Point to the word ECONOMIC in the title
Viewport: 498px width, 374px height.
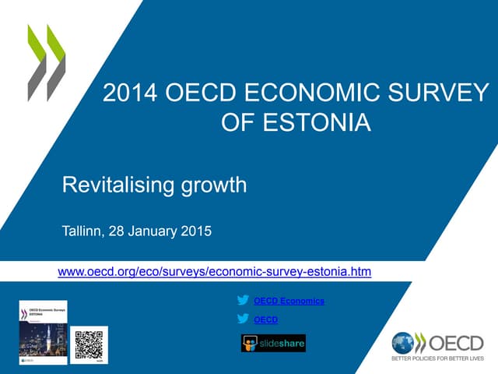tap(298, 94)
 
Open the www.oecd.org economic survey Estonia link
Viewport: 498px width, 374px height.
tap(215, 272)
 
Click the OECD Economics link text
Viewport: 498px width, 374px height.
tap(289, 301)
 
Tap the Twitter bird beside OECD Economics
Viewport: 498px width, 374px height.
tap(244, 300)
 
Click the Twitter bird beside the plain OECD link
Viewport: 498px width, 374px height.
tap(244, 319)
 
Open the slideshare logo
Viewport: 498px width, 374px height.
tap(273, 343)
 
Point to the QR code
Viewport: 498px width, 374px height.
tap(89, 344)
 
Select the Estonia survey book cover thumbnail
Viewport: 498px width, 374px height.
tap(43, 332)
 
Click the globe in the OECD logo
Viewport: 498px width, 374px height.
tap(404, 343)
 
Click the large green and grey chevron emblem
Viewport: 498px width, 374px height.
tap(46, 62)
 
